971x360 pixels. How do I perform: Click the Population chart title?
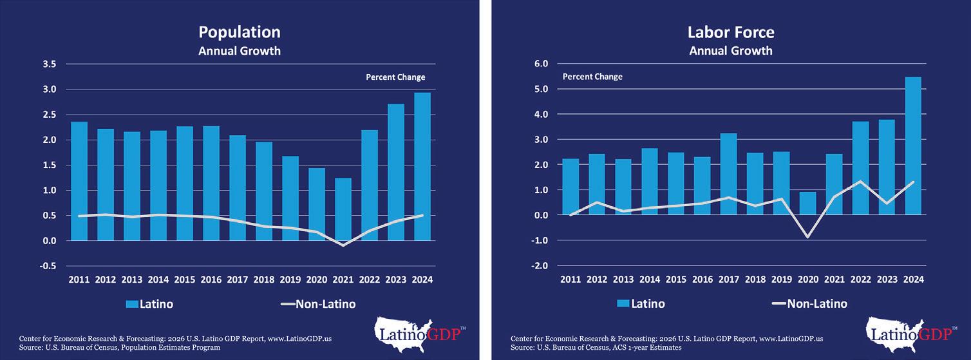coord(239,32)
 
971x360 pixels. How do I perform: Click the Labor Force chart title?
coord(730,32)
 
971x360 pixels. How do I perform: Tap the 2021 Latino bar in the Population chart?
coord(343,209)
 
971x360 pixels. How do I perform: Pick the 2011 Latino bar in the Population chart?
coord(79,181)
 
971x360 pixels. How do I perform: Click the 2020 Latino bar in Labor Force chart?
coord(807,204)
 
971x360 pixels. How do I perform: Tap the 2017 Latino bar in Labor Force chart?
coord(728,174)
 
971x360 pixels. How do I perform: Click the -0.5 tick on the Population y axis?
coord(47,266)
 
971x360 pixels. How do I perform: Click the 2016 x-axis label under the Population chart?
coord(211,280)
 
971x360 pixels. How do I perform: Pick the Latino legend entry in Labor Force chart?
coord(641,304)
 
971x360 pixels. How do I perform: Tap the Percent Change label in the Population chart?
coord(395,77)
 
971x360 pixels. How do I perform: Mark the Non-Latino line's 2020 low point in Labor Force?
coord(807,237)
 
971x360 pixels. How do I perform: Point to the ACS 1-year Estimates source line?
coord(596,348)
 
